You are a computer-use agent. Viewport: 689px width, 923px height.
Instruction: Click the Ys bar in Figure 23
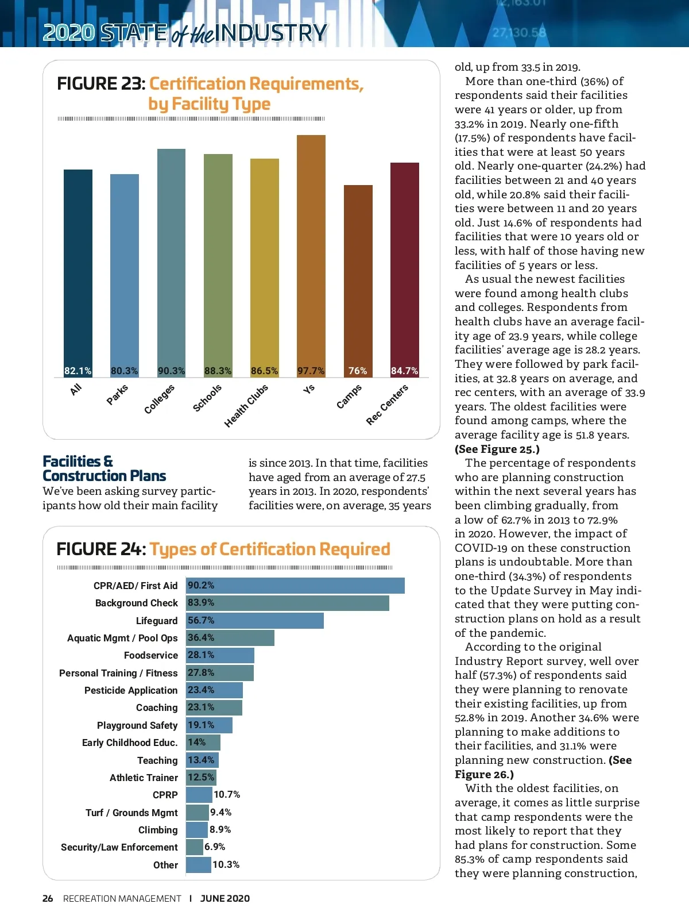311,253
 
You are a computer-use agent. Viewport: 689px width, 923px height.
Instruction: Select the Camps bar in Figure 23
358,276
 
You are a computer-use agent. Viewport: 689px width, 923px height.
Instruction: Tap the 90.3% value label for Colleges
171,371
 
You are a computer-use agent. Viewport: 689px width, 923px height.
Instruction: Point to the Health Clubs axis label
246,406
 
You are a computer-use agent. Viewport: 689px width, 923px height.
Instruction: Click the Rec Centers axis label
387,405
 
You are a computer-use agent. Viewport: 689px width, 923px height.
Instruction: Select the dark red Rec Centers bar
404,264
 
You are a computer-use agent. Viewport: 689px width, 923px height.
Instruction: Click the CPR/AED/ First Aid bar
295,586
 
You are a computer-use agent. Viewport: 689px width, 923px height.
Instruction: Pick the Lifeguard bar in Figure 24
255,621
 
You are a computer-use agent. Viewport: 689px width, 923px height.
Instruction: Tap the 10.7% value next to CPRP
227,795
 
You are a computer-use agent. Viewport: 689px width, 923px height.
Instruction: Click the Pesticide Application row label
131,690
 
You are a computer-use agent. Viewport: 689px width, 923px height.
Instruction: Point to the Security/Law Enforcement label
119,847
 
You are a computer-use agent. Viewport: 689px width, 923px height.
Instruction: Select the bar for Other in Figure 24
199,865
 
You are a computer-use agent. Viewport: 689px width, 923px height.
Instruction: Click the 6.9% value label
215,847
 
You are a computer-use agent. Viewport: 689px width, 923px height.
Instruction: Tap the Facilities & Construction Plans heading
104,468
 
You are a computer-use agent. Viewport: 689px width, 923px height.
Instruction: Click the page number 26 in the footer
48,898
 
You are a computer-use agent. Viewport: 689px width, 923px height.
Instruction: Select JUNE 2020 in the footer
225,898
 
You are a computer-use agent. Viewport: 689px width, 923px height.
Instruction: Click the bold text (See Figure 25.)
497,449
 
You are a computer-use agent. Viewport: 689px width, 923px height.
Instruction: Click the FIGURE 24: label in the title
101,549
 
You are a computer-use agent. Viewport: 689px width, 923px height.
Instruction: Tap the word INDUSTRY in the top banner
271,33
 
